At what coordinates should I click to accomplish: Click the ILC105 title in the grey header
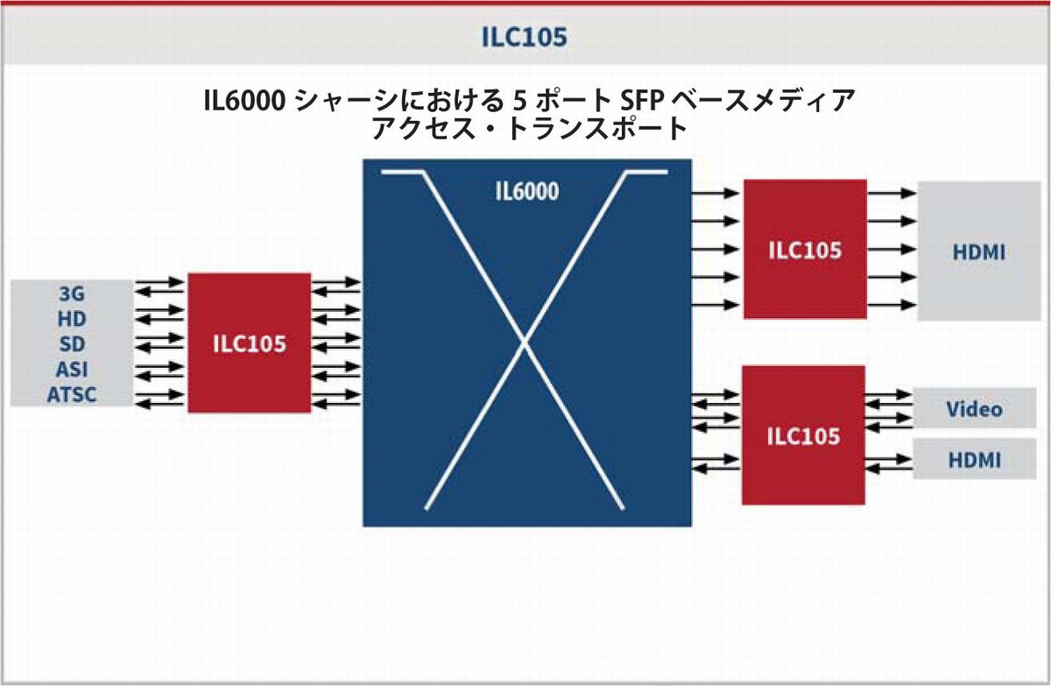[x=525, y=37]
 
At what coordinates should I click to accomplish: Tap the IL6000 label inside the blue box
[x=526, y=191]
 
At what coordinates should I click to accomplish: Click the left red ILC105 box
[x=249, y=343]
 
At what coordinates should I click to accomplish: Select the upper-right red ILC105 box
[x=805, y=250]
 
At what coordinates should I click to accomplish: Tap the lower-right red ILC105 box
[x=803, y=435]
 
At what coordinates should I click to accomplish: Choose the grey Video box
[x=974, y=409]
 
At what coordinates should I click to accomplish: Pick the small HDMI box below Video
[x=974, y=459]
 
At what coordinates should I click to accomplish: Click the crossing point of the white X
[x=525, y=344]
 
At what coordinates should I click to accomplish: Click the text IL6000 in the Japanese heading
[x=242, y=102]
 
